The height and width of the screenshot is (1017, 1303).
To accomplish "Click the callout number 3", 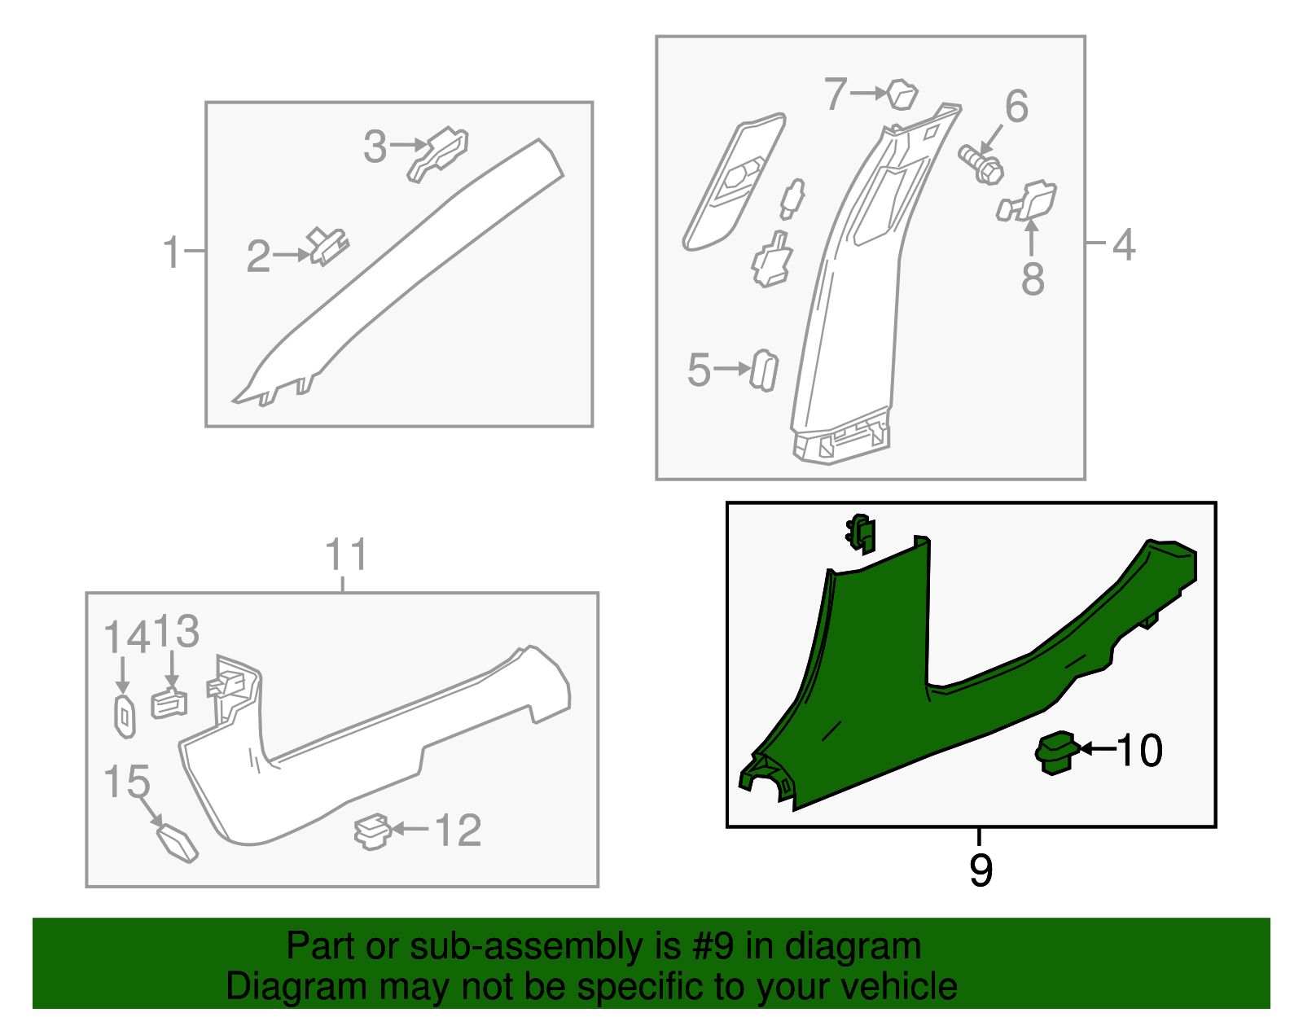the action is coord(375,147).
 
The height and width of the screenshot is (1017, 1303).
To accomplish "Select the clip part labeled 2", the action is coord(328,246).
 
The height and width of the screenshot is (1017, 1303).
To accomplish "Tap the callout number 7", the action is coord(836,94).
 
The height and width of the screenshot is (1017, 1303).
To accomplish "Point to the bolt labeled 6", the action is coord(981,164).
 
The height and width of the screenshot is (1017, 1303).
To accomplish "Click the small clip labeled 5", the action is coord(764,370).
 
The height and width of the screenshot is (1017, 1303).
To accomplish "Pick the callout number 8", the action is coord(1033,278).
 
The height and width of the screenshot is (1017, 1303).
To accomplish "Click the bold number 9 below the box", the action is coord(981,870).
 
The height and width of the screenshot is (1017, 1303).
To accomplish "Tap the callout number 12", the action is coord(458,831).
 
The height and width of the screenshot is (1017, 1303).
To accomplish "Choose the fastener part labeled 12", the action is coord(372,831).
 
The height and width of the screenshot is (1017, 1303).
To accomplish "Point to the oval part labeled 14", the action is coord(125,717).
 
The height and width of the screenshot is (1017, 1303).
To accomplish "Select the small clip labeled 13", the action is coord(169,703).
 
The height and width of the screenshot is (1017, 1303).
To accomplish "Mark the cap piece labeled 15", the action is coord(177,844).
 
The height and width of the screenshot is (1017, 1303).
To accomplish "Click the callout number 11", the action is coord(345,555).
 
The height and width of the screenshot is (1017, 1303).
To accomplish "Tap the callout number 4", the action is coord(1124,245).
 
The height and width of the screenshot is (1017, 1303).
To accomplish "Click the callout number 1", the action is coord(172,252).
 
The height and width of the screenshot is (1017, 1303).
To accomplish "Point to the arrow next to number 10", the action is coord(1098,748).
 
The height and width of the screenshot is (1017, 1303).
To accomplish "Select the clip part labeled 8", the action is coord(1027,201).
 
